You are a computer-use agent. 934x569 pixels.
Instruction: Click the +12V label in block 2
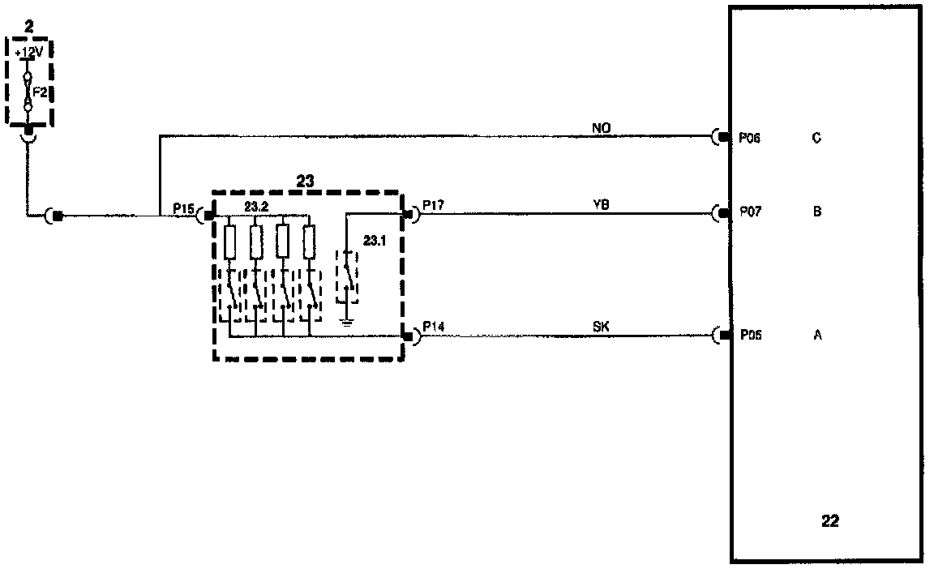point(30,54)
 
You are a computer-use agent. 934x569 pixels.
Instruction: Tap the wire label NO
point(601,126)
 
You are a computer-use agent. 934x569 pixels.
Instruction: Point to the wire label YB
point(601,204)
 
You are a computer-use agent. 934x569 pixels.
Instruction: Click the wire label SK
point(601,326)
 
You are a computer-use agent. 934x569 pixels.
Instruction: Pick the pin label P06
point(750,138)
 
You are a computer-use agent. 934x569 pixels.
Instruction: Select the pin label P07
point(750,212)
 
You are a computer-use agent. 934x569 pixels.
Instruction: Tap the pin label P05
point(750,335)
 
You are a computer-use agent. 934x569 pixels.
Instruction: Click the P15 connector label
point(183,209)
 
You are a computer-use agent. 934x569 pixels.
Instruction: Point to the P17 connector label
point(434,206)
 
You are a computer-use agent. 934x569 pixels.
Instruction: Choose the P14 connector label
point(434,327)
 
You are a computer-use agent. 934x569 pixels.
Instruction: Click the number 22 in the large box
point(830,521)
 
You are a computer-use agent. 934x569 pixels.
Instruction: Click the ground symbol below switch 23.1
point(347,323)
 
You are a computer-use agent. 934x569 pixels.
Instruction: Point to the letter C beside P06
point(816,138)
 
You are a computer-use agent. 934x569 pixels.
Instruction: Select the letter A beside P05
point(817,335)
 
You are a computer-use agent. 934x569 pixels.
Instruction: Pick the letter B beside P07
point(817,212)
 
